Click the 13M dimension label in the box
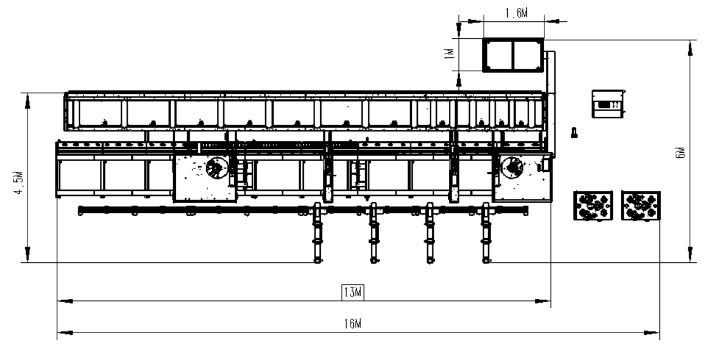(x=353, y=292)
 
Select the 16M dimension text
(x=353, y=323)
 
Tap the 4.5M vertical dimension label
(x=19, y=183)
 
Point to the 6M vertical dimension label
(x=680, y=153)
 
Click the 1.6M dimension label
(x=516, y=13)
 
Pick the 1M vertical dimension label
(x=450, y=53)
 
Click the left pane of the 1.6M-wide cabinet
(x=499, y=55)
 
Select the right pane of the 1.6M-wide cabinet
(x=527, y=55)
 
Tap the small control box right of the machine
(x=608, y=104)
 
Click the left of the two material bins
(x=593, y=206)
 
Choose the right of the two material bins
(x=641, y=206)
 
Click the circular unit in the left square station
(x=217, y=167)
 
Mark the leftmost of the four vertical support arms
(x=317, y=233)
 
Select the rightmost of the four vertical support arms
(x=486, y=233)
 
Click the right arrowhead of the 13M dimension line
(x=543, y=301)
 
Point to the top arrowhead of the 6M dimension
(x=690, y=48)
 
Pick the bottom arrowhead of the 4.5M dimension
(x=28, y=254)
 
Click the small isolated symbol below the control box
(x=574, y=133)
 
